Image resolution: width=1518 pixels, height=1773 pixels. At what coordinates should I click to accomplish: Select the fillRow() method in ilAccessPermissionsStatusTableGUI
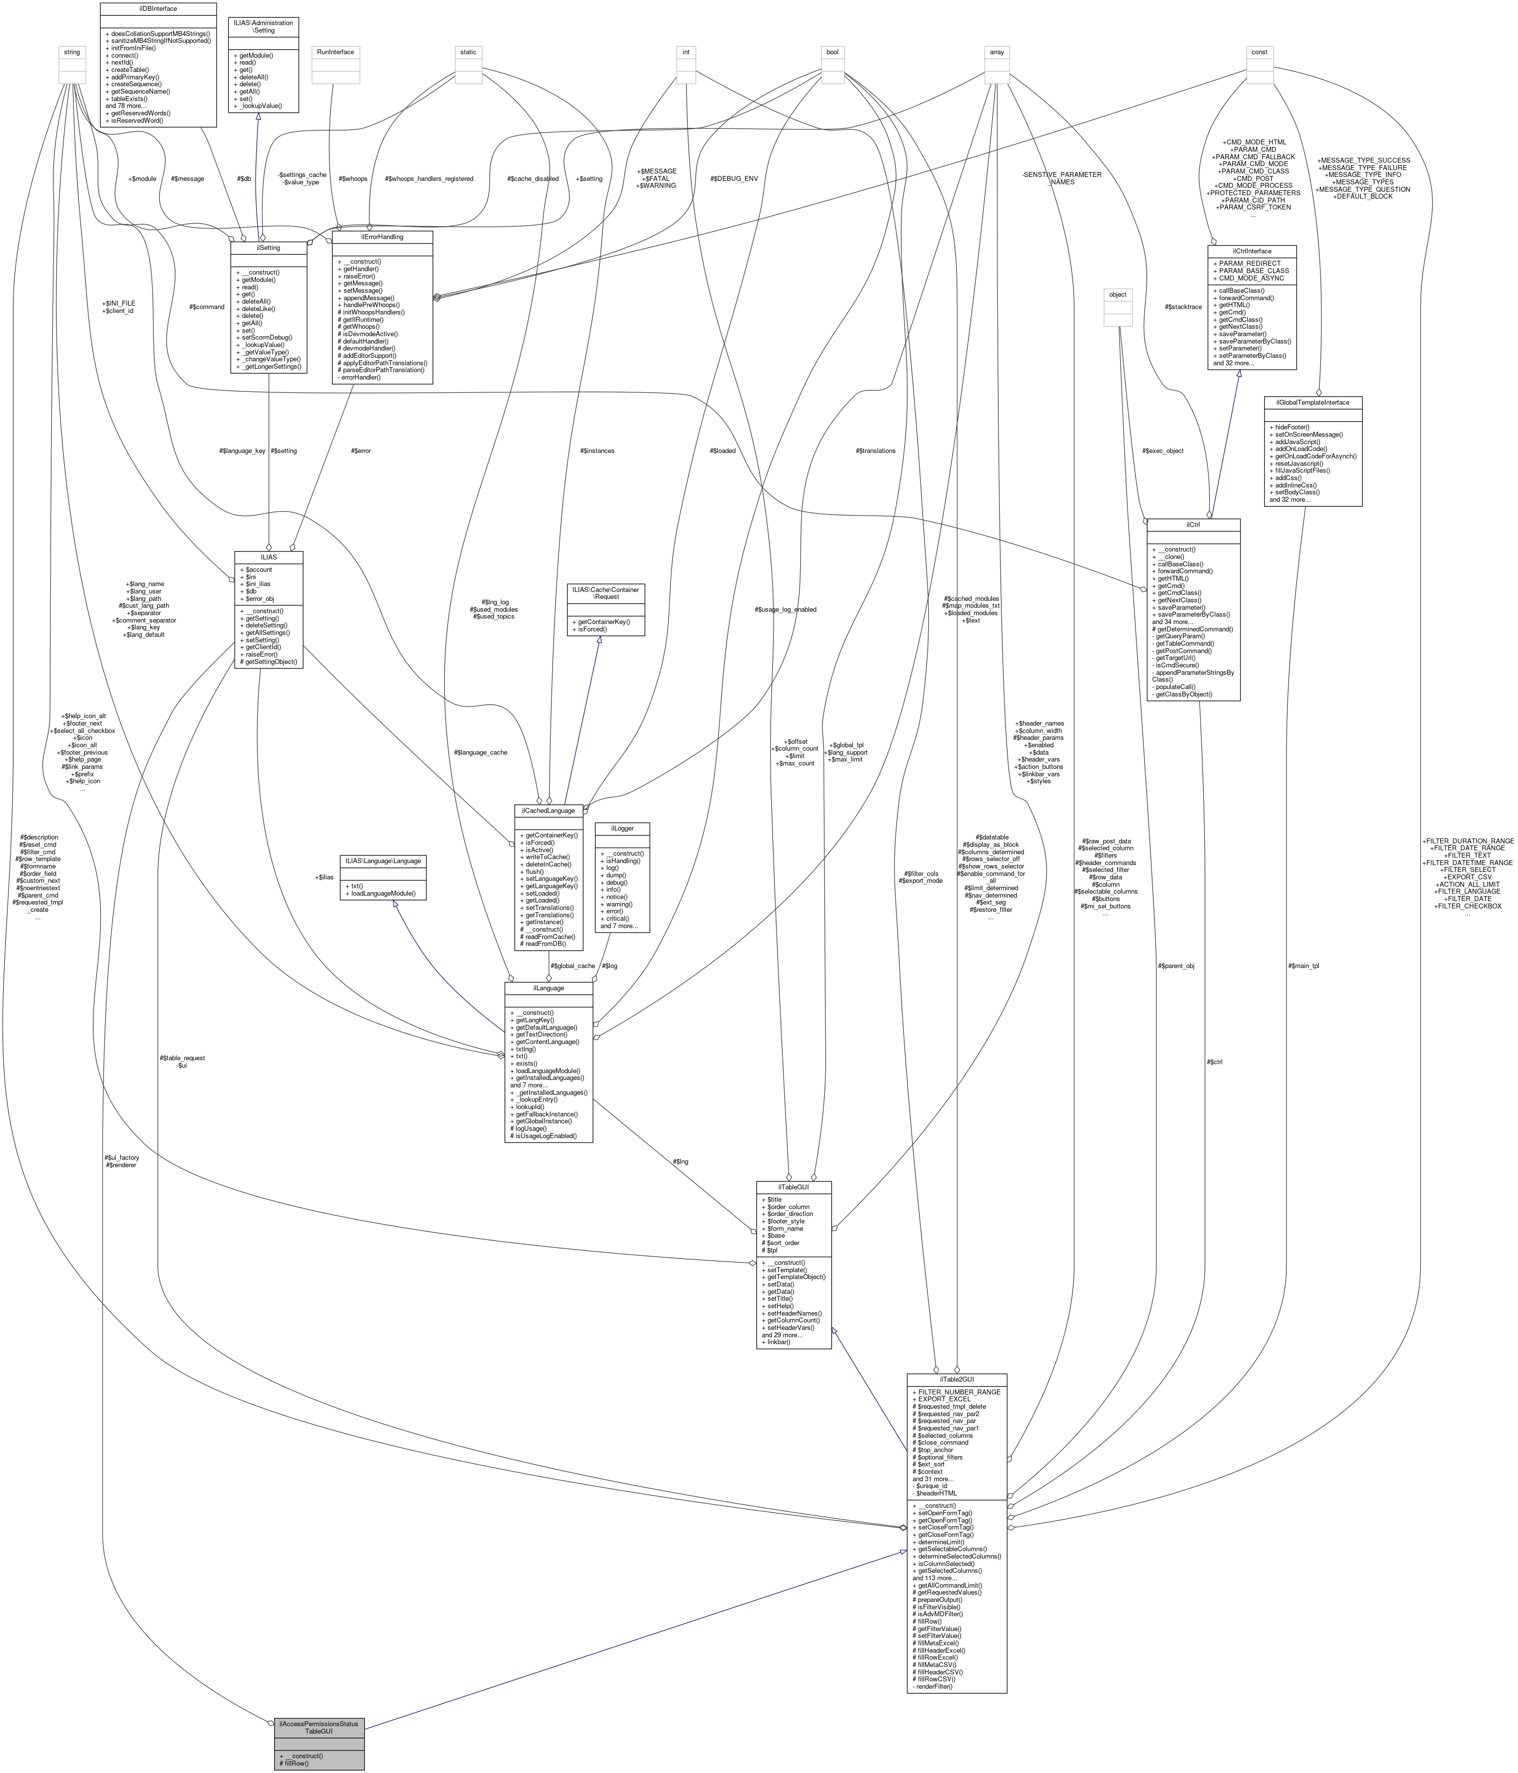(x=295, y=1763)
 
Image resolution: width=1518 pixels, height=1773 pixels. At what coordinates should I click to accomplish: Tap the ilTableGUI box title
(x=793, y=1187)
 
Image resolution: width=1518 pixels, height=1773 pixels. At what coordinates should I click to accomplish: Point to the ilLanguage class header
(x=549, y=987)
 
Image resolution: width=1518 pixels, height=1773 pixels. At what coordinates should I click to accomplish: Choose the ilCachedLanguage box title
(x=549, y=809)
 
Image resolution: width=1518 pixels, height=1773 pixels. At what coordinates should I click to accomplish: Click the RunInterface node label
(x=335, y=52)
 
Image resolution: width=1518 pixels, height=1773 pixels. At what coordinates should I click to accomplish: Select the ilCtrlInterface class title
(x=1252, y=251)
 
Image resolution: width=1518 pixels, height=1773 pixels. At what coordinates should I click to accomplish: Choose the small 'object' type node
(x=1118, y=294)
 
